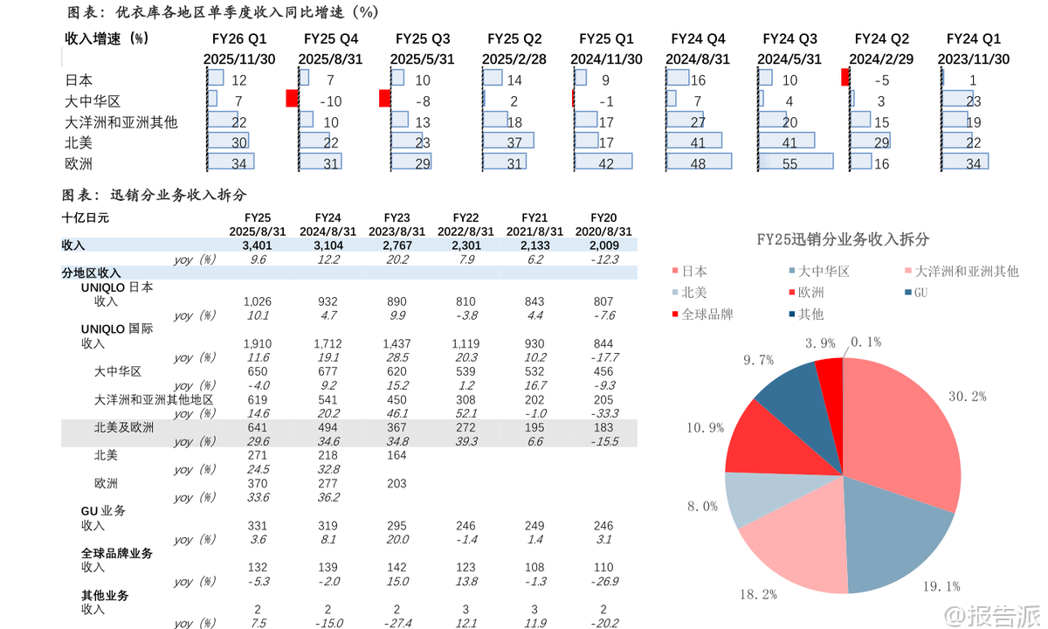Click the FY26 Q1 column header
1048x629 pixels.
click(239, 39)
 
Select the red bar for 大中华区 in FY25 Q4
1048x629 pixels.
click(293, 99)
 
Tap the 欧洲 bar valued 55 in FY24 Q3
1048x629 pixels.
click(796, 162)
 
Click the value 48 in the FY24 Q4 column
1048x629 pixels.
click(699, 164)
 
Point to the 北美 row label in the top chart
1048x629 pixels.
click(79, 142)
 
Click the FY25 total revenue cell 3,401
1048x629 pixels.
click(257, 246)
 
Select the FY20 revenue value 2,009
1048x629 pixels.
click(603, 246)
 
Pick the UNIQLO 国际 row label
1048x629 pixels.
click(116, 329)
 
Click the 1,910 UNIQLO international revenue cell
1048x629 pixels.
click(257, 343)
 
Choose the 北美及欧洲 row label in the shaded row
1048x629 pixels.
click(123, 427)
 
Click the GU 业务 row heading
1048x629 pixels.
click(103, 510)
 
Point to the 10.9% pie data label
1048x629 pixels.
click(705, 428)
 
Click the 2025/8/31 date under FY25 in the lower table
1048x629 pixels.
click(257, 232)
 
